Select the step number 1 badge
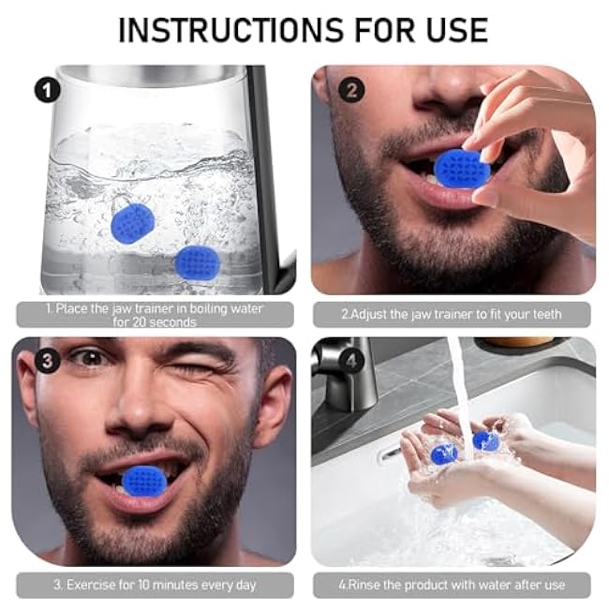[x=47, y=90]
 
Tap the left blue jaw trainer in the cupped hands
[x=442, y=453]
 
